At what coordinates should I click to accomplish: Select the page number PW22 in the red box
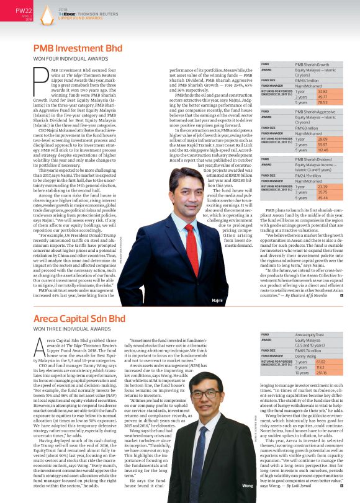(23, 10)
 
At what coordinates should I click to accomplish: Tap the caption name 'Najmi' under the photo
(233, 282)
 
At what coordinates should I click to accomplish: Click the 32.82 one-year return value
(305, 91)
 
